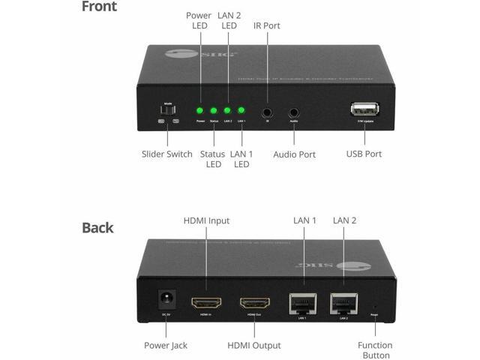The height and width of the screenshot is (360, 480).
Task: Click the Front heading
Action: point(100,7)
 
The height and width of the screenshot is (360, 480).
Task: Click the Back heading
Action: point(97,227)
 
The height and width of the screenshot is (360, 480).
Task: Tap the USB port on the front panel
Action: point(364,109)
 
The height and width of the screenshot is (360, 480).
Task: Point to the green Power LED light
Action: point(200,111)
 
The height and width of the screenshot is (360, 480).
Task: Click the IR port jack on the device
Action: point(267,112)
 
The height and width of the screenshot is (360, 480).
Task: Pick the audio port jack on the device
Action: point(294,112)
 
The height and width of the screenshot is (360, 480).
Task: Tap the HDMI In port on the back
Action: point(205,304)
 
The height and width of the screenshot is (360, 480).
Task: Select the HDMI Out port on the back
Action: point(254,304)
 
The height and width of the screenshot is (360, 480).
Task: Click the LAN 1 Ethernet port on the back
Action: point(302,302)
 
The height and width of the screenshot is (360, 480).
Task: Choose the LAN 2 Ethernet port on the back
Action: point(343,302)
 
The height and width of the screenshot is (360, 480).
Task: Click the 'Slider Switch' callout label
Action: point(166,154)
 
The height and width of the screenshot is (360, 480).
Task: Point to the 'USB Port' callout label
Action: point(364,154)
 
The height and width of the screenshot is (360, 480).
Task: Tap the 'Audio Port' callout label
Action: point(293,154)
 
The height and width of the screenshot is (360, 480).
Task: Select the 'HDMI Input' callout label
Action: point(206,220)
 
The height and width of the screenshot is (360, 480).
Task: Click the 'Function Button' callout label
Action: point(374,349)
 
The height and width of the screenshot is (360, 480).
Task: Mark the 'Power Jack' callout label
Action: point(166,345)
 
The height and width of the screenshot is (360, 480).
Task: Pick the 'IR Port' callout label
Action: point(266,25)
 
